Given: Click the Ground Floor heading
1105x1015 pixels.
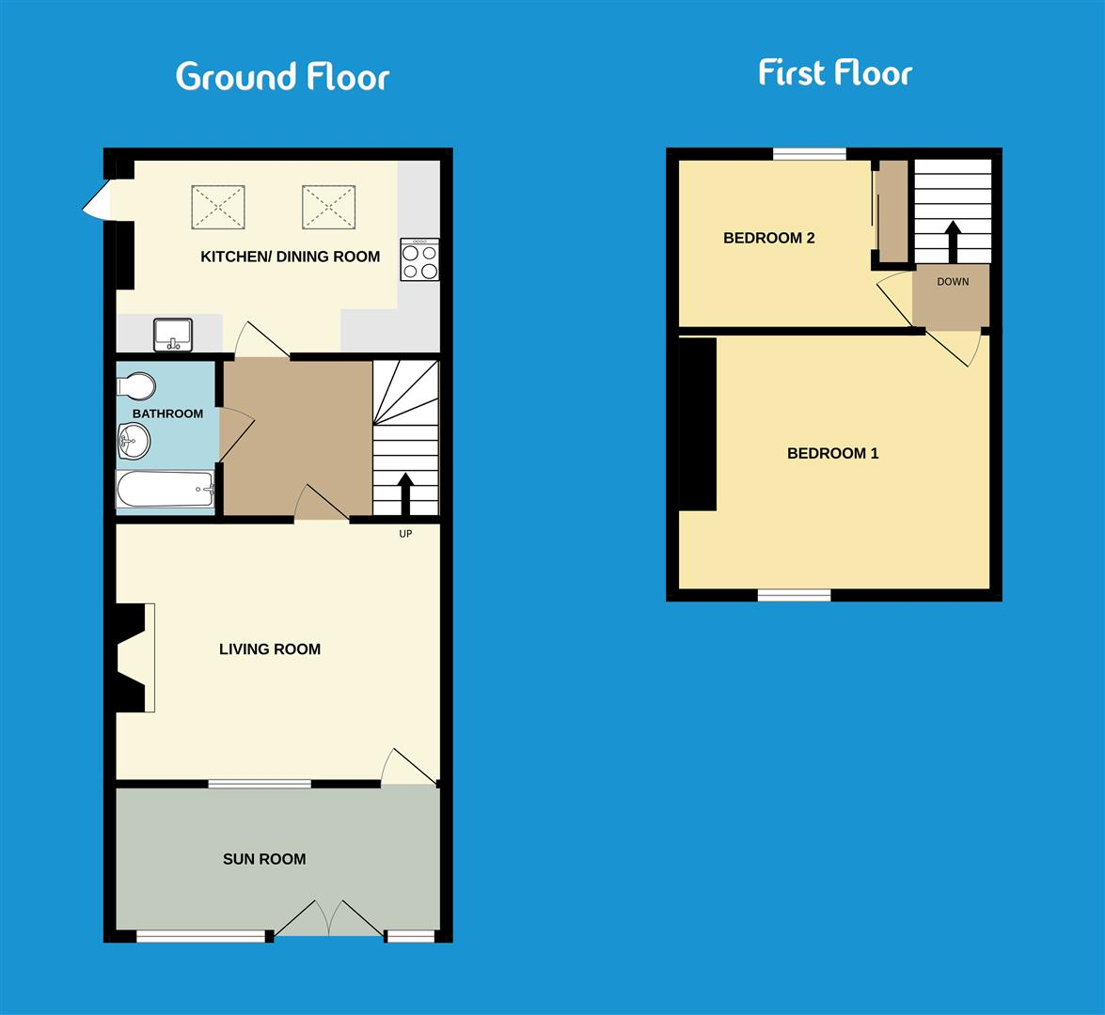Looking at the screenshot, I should point(282,76).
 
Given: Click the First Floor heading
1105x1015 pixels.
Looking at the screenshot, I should point(835,73).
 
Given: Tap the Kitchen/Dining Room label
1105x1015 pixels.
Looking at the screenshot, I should point(290,257).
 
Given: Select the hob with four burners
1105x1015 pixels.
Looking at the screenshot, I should point(419,259).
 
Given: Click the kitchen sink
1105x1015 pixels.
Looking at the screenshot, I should point(173,335).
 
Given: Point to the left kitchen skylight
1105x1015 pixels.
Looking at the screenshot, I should point(218,207).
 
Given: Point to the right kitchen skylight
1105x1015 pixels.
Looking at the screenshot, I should point(328,207).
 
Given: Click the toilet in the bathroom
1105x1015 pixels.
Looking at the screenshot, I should point(137,386).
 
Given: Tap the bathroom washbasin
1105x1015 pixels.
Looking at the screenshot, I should point(134,438).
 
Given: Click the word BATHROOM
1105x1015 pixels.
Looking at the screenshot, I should point(167,414).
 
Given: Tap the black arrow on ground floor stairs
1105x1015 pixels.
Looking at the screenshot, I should point(405,493).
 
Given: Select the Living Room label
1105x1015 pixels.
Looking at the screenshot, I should point(270,649).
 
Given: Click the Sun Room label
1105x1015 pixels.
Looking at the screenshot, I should point(264,859).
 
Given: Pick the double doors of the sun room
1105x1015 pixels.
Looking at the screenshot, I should point(329,919).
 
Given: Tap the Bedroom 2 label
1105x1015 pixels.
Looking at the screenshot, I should point(768,239).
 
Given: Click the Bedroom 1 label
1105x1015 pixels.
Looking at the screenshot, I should point(832,454).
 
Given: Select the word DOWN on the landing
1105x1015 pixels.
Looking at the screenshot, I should point(952,282).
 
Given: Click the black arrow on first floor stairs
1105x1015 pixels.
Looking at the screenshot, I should point(953,242).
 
